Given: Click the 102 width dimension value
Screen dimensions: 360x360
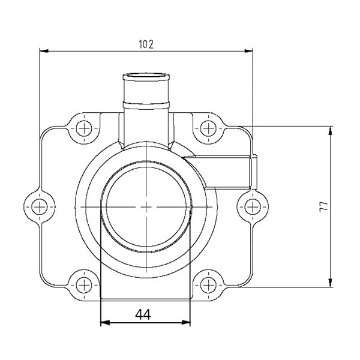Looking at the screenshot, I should click(146, 44).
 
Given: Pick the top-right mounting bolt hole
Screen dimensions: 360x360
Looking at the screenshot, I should click(208, 128).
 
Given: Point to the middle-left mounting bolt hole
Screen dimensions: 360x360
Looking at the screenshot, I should click(40, 206).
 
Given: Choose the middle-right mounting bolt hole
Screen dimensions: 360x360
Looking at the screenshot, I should click(252, 206).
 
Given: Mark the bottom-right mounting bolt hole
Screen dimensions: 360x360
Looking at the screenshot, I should click(208, 283).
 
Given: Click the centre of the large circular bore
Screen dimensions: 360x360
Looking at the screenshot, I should click(146, 206).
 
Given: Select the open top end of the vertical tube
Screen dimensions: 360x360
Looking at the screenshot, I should click(146, 76).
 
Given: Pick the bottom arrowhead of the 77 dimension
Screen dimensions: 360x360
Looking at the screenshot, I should click(329, 283).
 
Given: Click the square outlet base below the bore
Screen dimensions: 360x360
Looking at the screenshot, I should click(146, 282).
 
